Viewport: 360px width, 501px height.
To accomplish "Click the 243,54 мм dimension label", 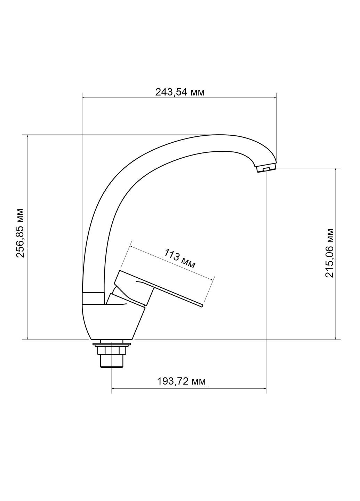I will click(x=179, y=92).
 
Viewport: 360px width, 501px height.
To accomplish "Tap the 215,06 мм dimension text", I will click(x=329, y=253).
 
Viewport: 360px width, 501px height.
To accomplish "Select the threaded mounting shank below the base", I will click(x=112, y=361).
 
